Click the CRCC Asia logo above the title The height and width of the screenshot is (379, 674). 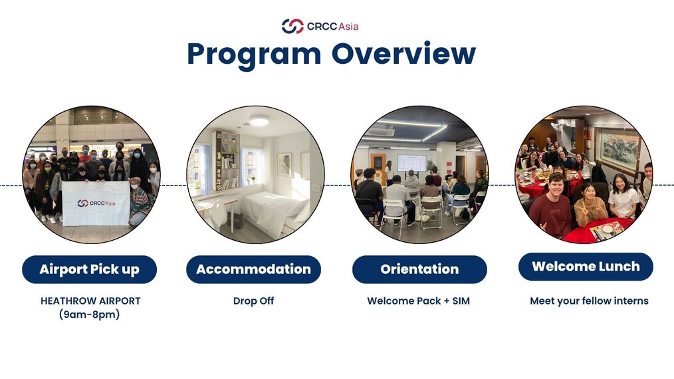coord(320,26)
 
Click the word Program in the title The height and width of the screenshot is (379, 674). coord(254,55)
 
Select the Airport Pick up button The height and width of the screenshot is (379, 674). coord(90,269)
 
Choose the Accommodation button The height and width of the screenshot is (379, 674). coord(254,269)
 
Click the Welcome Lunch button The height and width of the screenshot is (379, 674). coord(586,267)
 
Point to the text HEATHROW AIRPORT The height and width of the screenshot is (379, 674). coord(90,301)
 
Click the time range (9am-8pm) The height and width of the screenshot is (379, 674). coord(90,315)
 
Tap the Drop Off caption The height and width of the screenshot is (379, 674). coord(254,301)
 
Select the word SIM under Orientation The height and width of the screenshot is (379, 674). coord(461,301)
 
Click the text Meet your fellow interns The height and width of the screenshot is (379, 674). coord(589,301)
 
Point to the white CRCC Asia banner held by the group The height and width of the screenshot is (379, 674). coord(96,203)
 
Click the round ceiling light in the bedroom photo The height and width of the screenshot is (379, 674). coord(259,121)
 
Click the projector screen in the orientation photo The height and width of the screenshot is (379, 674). coord(412,163)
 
